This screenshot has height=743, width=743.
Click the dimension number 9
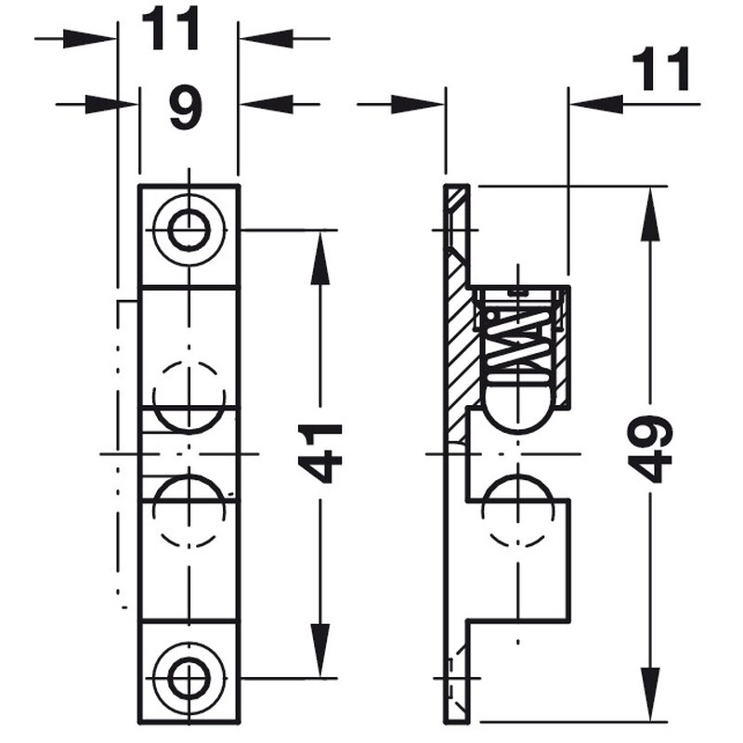tap(186, 107)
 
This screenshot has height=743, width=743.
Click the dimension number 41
tap(320, 453)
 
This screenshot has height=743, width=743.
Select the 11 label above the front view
tap(170, 30)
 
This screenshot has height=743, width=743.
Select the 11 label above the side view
tap(660, 71)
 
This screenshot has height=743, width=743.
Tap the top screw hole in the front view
tap(189, 230)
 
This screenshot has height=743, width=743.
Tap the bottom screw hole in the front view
tap(189, 678)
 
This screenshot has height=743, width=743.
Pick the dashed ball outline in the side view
tap(518, 512)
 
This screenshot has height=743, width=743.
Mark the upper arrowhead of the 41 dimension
tap(320, 258)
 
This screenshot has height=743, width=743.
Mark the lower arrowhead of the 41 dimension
tap(320, 650)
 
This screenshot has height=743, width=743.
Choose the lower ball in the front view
tap(189, 511)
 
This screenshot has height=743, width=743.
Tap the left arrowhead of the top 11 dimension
tap(88, 38)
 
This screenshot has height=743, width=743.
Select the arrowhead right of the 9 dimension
tap(267, 104)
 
